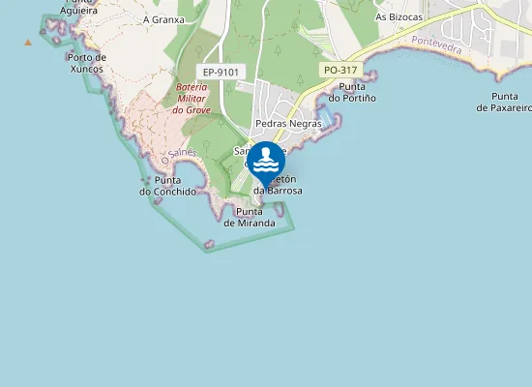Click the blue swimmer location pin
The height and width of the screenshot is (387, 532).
(265, 161)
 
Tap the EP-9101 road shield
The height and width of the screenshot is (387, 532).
(222, 73)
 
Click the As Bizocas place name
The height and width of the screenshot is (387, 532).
(399, 16)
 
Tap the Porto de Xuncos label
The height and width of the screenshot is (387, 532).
(87, 63)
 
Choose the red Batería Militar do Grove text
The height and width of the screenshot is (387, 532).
(192, 99)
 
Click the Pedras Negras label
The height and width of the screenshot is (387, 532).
(288, 124)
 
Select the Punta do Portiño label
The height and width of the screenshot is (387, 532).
(352, 92)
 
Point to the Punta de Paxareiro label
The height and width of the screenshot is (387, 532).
(503, 102)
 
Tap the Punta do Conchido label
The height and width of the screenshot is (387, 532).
(167, 186)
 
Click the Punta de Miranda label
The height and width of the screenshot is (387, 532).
(250, 218)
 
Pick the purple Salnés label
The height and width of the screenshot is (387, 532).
(182, 154)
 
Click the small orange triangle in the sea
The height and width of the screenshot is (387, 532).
(27, 42)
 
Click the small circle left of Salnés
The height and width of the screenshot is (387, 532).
(165, 160)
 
